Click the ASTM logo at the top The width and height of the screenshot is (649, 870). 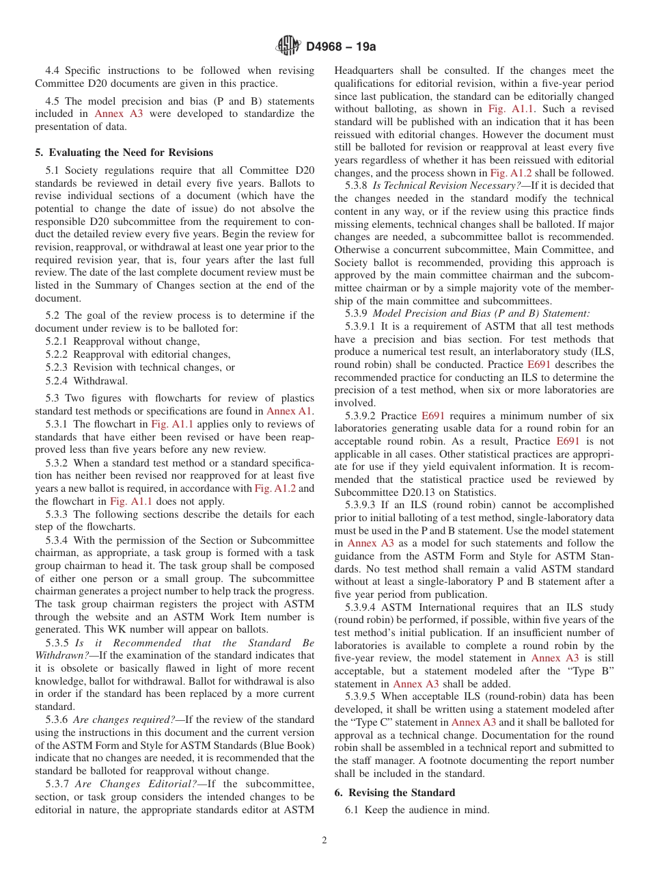[288, 47]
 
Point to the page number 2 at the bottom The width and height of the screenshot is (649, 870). [324, 841]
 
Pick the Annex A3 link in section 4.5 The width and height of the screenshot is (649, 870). [119, 114]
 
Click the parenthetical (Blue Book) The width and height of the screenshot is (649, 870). [281, 745]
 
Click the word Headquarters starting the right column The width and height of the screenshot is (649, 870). [363, 70]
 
